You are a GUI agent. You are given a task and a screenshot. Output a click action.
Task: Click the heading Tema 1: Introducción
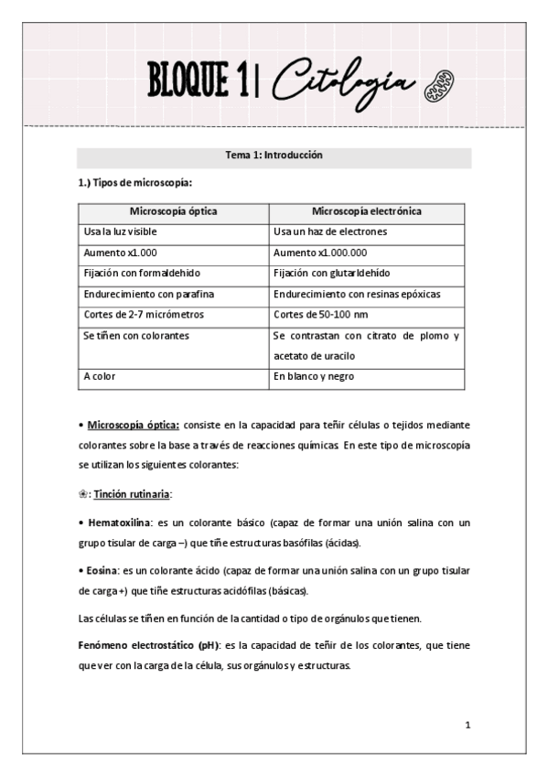point(274,156)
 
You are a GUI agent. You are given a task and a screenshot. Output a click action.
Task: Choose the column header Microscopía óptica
point(174,211)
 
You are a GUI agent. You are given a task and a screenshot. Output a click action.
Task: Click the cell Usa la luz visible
point(121,232)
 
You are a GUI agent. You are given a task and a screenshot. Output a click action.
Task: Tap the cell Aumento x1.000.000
point(320,252)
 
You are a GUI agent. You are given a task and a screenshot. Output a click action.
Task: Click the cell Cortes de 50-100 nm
point(317,314)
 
